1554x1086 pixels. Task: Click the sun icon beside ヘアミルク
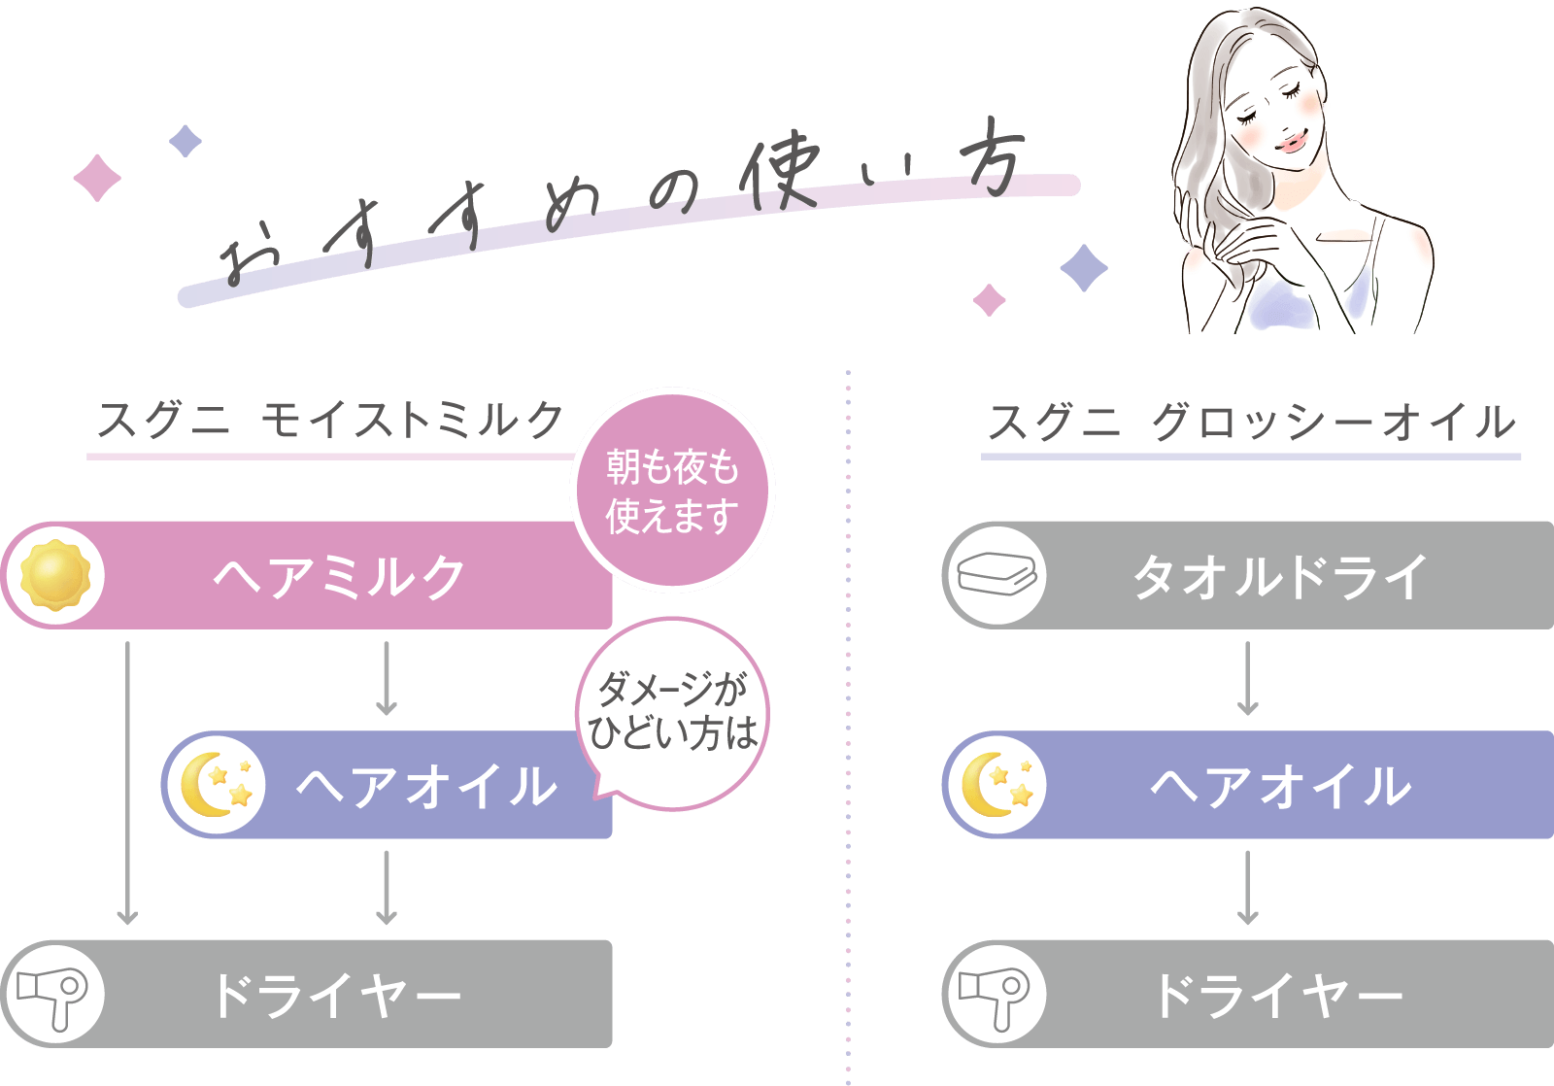[x=55, y=575]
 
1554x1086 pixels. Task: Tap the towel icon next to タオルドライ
[x=996, y=575]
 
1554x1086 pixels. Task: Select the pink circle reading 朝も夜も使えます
[x=672, y=491]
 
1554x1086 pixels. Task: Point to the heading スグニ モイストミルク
[x=330, y=421]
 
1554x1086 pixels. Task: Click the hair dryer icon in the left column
[x=53, y=994]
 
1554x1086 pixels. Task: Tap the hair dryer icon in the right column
[x=995, y=994]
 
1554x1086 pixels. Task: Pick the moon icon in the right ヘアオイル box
[x=996, y=785]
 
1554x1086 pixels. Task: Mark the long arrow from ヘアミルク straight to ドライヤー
[x=127, y=782]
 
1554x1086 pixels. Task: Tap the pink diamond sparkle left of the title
[x=97, y=178]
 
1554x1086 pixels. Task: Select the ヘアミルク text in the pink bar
[x=340, y=576]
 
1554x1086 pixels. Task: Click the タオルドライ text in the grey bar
[x=1280, y=576]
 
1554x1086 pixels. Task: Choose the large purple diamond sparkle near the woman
[x=1084, y=267]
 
